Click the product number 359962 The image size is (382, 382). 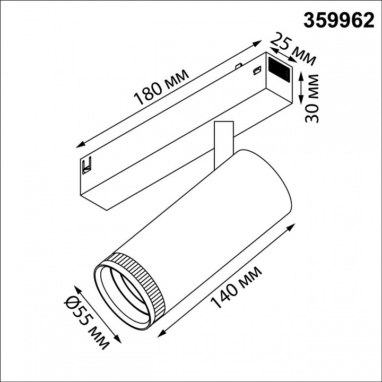338,20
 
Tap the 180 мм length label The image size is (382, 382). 162,87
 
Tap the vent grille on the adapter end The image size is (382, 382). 279,68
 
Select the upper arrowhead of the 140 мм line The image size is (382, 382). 293,226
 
